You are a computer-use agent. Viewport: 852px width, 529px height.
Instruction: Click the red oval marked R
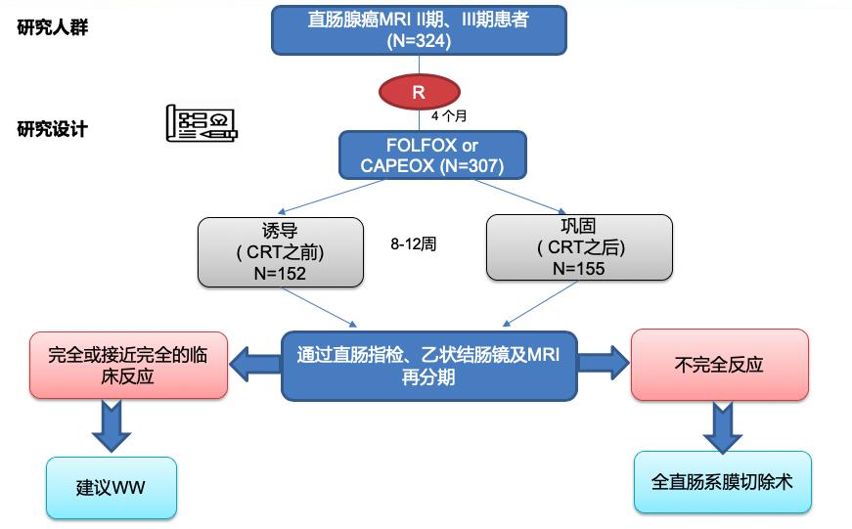coord(419,93)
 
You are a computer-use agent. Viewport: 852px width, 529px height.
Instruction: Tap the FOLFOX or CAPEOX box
coord(432,155)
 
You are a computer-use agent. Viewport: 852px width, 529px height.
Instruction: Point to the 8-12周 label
coord(413,244)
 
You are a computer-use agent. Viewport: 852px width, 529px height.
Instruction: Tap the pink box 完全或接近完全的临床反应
coord(128,364)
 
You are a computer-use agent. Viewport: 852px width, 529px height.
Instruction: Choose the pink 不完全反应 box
coord(719,365)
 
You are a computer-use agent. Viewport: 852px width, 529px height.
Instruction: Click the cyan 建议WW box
coord(111,487)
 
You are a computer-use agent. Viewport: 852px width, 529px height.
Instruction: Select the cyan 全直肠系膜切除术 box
coord(723,481)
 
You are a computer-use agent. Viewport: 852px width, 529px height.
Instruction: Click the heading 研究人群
coord(53,27)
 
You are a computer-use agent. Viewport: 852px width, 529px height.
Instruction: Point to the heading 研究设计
coord(53,129)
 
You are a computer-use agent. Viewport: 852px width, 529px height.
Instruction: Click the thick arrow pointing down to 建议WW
coord(111,425)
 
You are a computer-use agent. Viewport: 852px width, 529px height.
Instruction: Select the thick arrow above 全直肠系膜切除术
coord(722,425)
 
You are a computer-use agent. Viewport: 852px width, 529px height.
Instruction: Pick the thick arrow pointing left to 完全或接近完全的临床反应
coord(255,365)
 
